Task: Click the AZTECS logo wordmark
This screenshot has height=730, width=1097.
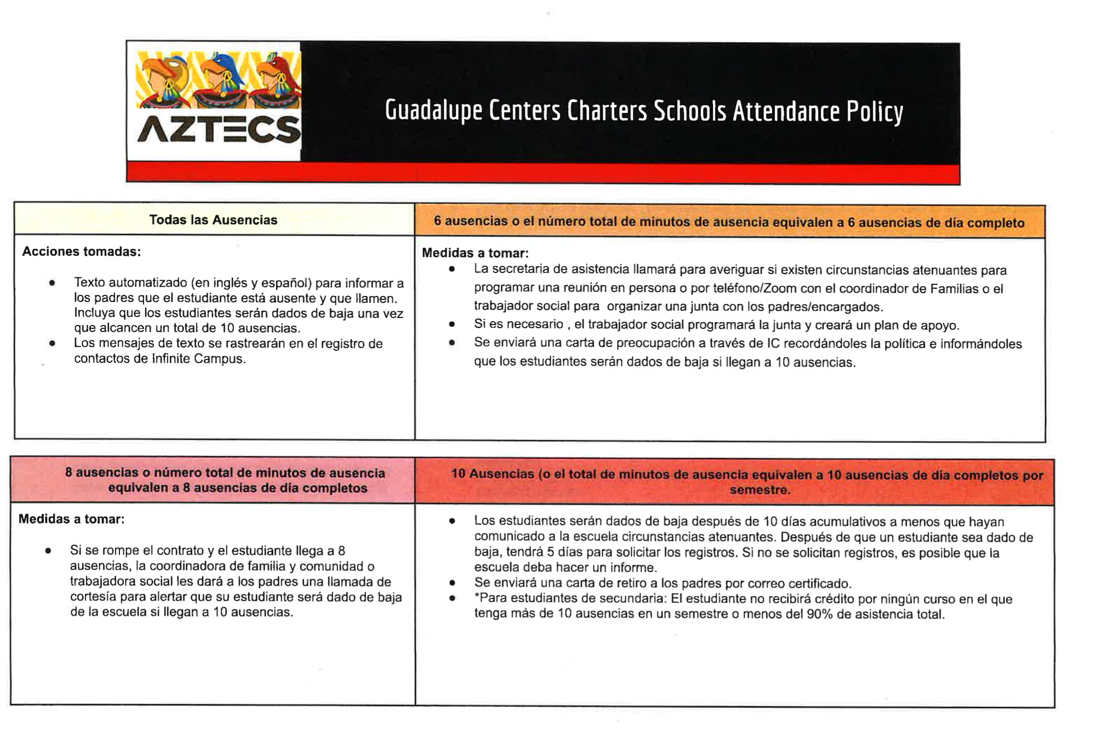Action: coord(219,130)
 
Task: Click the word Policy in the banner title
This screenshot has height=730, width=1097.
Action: coord(875,111)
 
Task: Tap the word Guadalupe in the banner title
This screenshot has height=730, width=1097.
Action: coord(433,110)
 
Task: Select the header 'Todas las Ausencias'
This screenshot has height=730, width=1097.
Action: coord(213,220)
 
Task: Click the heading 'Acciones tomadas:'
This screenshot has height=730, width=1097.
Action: coord(82,252)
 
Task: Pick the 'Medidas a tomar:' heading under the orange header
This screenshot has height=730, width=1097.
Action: coord(475,253)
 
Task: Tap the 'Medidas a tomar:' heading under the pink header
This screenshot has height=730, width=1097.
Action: coord(72,519)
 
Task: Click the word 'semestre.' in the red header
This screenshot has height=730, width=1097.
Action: coord(759,490)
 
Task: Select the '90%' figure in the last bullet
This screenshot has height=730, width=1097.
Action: coord(819,614)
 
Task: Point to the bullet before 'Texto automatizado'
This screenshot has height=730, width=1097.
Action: coord(52,283)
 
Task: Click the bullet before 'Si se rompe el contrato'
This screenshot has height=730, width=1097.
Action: coord(48,551)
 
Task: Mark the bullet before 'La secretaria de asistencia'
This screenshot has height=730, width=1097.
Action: coord(452,269)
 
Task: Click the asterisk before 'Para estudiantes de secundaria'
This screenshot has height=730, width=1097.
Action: coord(477,598)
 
